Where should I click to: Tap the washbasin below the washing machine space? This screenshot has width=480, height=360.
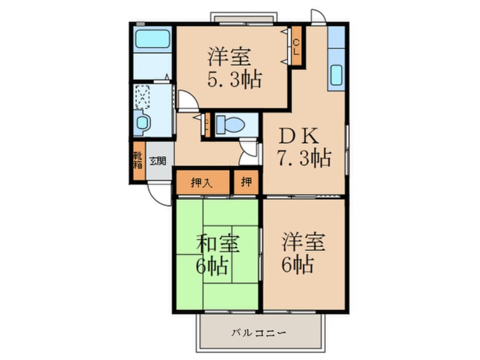(x=142, y=122)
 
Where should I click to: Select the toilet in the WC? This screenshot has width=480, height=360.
(x=229, y=123)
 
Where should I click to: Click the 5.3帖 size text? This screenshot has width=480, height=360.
(x=234, y=79)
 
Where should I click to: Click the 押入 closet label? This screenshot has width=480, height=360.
(x=201, y=182)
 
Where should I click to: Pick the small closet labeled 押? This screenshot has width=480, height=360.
(x=246, y=182)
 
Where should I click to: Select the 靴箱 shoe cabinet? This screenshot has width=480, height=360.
(x=138, y=161)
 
